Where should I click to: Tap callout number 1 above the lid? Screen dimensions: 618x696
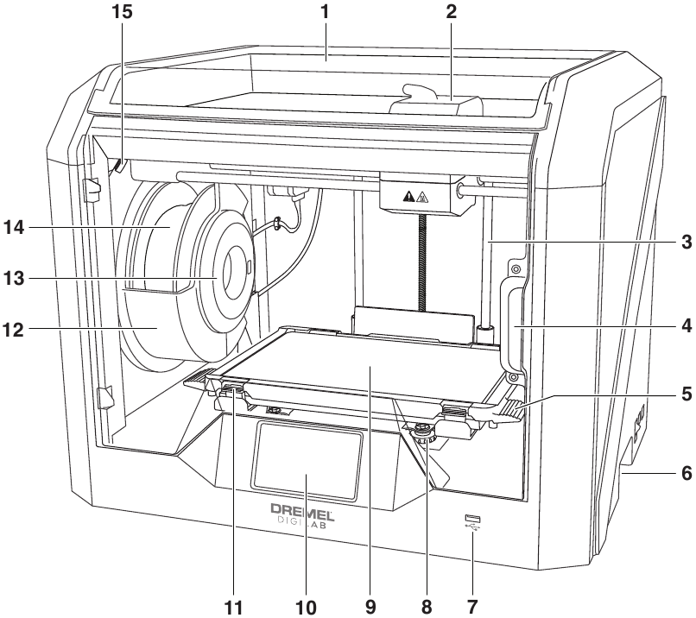pyautogui.click(x=326, y=14)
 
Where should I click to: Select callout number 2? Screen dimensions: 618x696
pyautogui.click(x=452, y=14)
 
